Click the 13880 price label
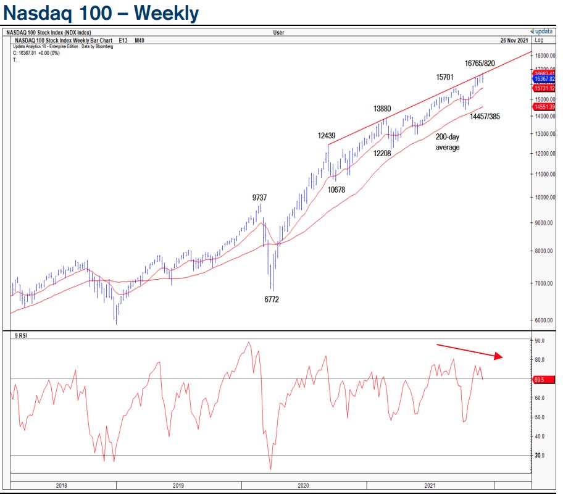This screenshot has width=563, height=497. pyautogui.click(x=382, y=108)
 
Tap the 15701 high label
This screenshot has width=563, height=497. pyautogui.click(x=445, y=77)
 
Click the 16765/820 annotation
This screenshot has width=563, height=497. pyautogui.click(x=480, y=63)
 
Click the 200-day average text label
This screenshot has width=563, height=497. pyautogui.click(x=448, y=143)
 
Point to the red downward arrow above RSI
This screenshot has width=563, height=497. pyautogui.click(x=470, y=351)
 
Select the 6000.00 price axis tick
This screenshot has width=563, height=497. pyautogui.click(x=544, y=320)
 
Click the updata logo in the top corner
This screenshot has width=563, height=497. pyautogui.click(x=542, y=31)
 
